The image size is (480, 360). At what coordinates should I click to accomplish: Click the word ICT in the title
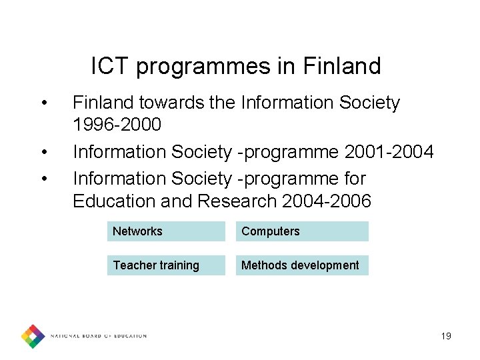tap(110, 67)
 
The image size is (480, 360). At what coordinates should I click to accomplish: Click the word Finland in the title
tap(341, 67)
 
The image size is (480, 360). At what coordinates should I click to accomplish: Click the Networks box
tap(166, 231)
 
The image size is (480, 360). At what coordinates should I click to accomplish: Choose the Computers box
tap(301, 231)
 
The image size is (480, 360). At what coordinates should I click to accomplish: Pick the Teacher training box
tap(166, 265)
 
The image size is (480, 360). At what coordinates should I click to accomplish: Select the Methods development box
tap(301, 265)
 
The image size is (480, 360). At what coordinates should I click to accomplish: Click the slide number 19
tap(446, 336)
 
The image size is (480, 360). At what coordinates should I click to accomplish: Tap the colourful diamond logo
tap(33, 336)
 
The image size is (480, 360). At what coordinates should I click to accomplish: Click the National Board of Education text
tap(99, 336)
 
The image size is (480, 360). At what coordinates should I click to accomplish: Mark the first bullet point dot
tap(43, 103)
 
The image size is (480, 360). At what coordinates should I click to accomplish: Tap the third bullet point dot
tap(43, 179)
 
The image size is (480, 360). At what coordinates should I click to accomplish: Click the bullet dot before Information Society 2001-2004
tap(43, 152)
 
